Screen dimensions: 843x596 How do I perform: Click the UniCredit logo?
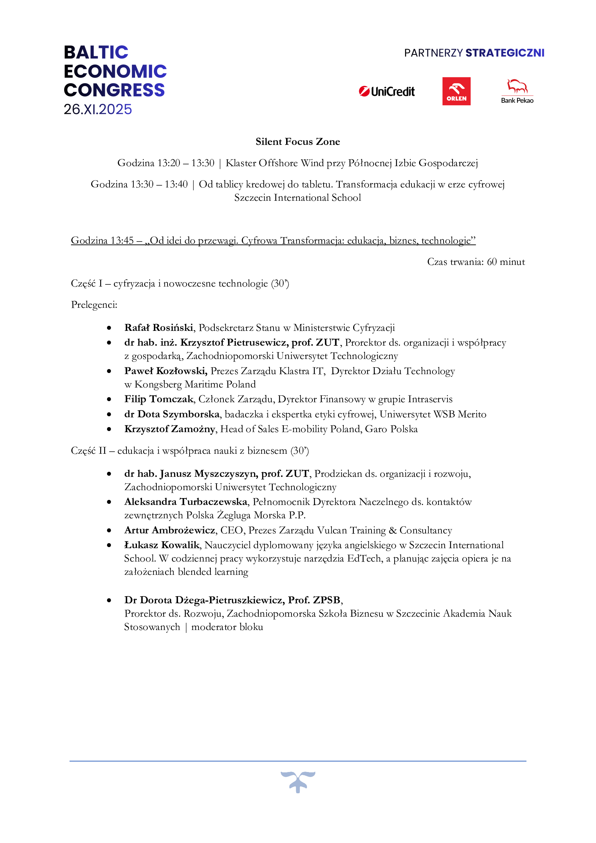[387, 92]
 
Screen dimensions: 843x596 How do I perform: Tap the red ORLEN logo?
[456, 91]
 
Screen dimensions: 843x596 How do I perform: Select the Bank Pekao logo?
[517, 92]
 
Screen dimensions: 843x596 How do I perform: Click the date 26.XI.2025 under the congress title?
[98, 110]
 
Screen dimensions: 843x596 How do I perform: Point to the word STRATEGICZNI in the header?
[504, 53]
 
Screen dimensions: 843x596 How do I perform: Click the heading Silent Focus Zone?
[298, 142]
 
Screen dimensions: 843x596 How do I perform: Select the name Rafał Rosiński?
[159, 328]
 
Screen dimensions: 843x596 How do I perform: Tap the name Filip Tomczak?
[159, 399]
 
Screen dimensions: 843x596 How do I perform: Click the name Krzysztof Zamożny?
[170, 429]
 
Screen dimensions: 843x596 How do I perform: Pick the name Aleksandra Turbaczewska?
[186, 502]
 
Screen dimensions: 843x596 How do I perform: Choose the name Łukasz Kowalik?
[162, 545]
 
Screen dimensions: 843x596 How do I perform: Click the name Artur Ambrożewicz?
[170, 530]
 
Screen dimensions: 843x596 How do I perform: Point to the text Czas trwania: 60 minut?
[476, 262]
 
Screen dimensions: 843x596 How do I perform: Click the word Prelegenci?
[94, 305]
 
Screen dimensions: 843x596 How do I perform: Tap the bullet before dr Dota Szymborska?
[109, 414]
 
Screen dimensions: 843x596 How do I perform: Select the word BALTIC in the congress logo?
[96, 53]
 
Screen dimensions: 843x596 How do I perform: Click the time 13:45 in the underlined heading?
[122, 240]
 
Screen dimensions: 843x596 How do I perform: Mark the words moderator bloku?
[227, 627]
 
